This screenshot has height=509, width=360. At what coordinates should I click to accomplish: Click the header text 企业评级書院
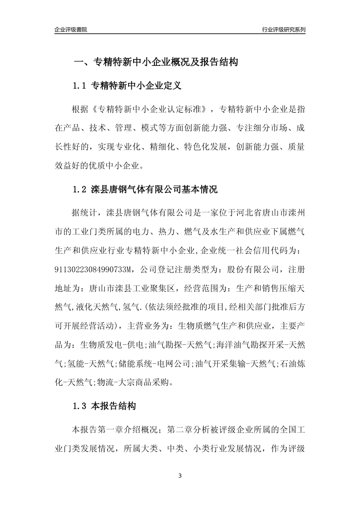tap(71, 30)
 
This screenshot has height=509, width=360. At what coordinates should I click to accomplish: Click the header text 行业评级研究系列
tap(283, 30)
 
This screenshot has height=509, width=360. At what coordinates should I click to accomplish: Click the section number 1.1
tap(80, 86)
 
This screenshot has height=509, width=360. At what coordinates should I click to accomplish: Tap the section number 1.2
tap(80, 189)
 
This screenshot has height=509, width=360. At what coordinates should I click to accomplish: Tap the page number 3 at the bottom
tap(180, 476)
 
